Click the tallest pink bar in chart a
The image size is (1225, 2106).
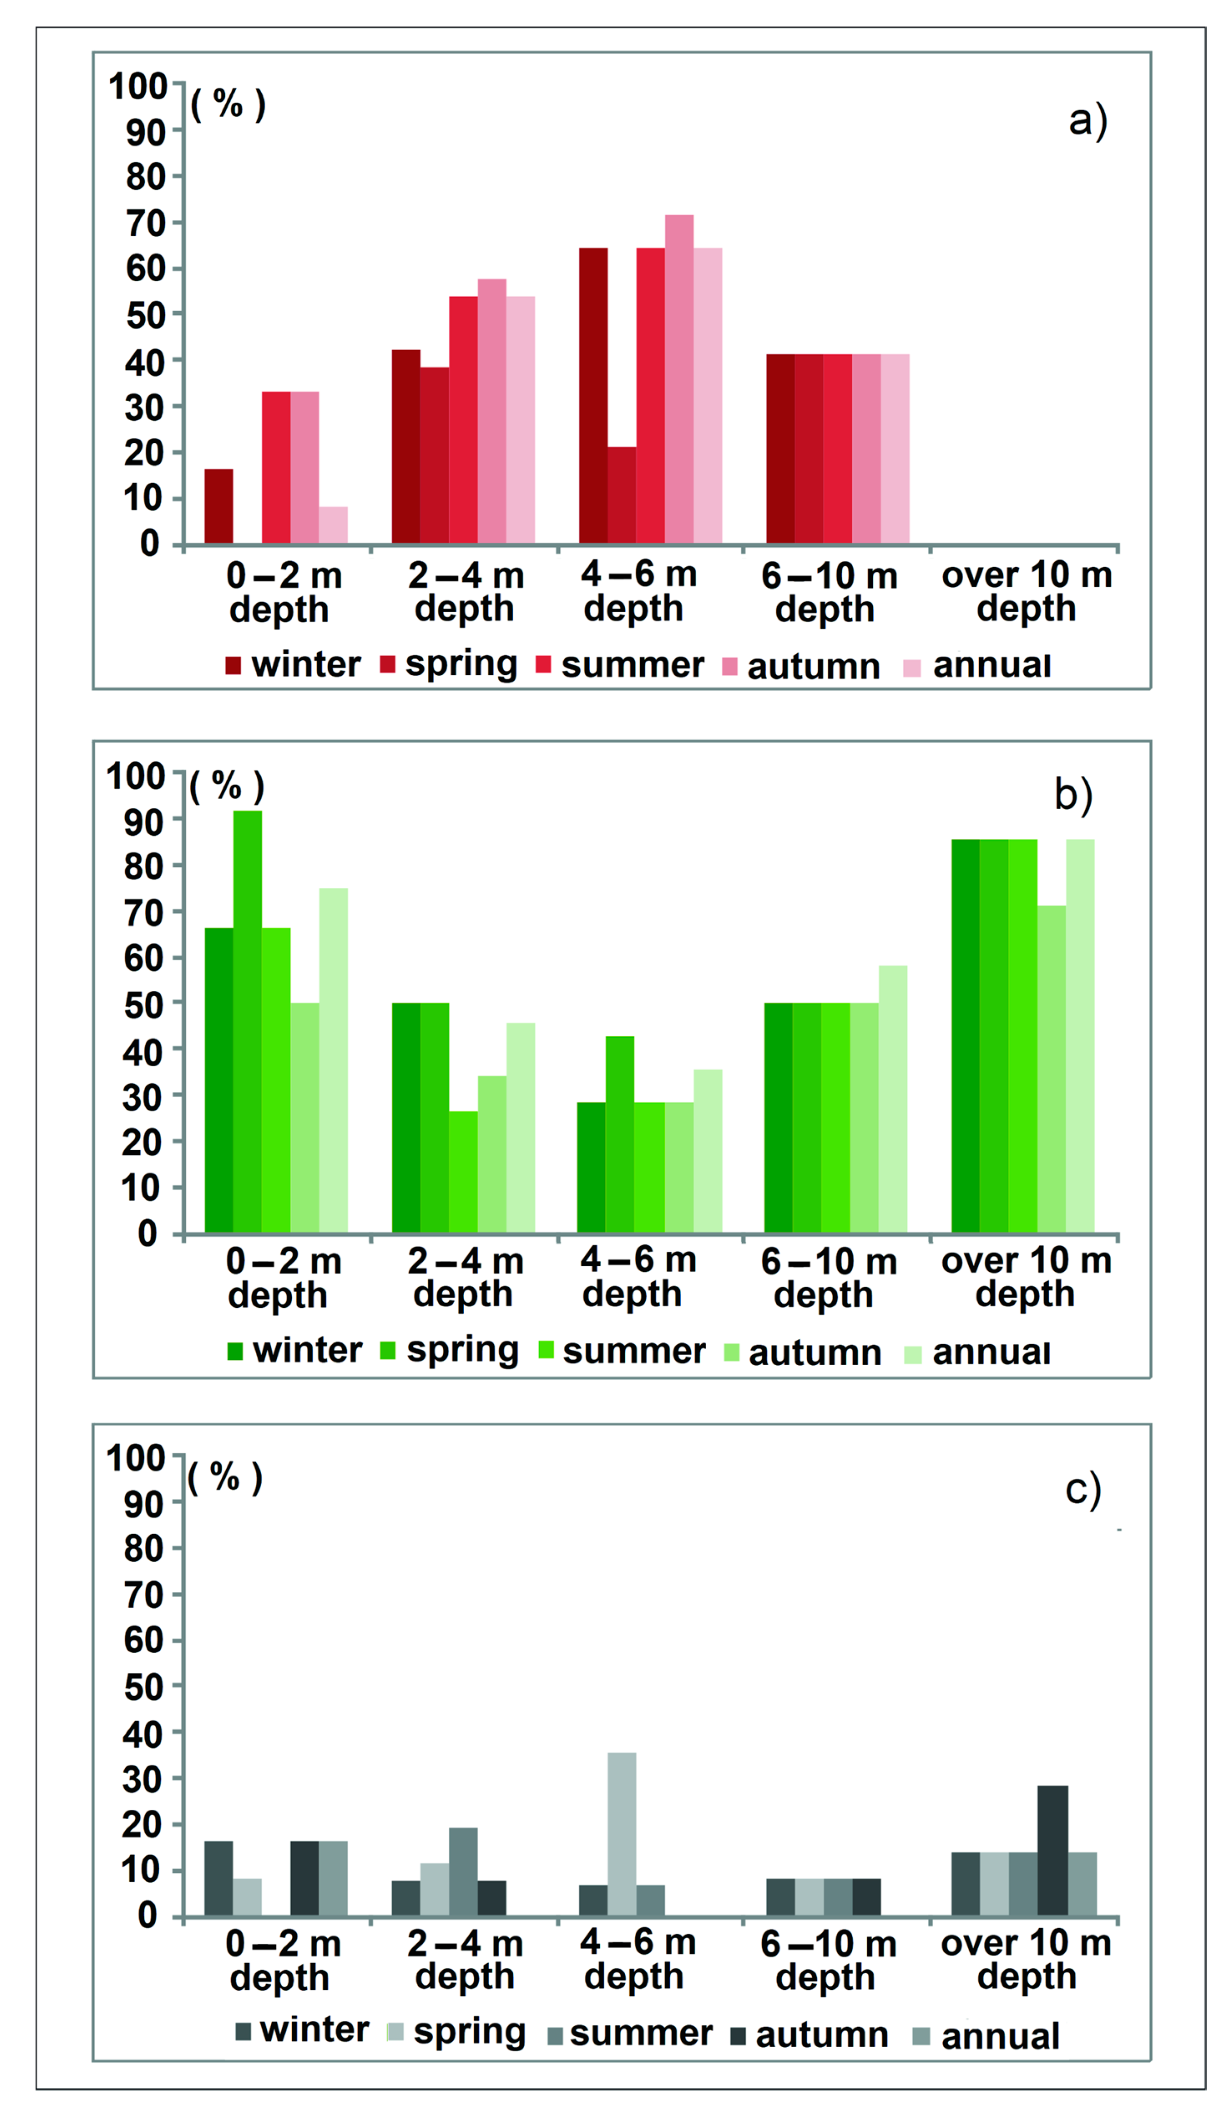(679, 380)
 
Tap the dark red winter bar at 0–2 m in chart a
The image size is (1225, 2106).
(219, 506)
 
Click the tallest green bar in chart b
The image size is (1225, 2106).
(248, 1021)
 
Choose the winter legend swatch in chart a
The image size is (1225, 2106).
(233, 666)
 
